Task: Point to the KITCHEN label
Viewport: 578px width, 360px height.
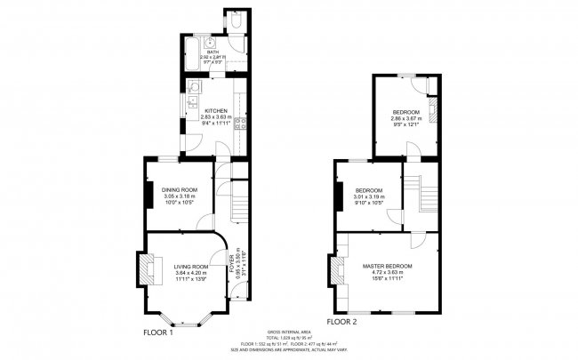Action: click(216, 110)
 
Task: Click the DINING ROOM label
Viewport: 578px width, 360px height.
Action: click(179, 189)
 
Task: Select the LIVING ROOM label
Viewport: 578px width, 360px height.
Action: click(191, 267)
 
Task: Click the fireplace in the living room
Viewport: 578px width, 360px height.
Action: click(151, 267)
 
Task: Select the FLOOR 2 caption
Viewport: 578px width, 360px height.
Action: click(341, 321)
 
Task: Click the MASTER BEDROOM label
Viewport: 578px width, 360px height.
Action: click(387, 266)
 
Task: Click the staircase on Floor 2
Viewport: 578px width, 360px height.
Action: click(422, 193)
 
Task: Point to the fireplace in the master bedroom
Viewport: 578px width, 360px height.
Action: click(338, 269)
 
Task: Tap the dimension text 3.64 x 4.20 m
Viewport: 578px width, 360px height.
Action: click(191, 274)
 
